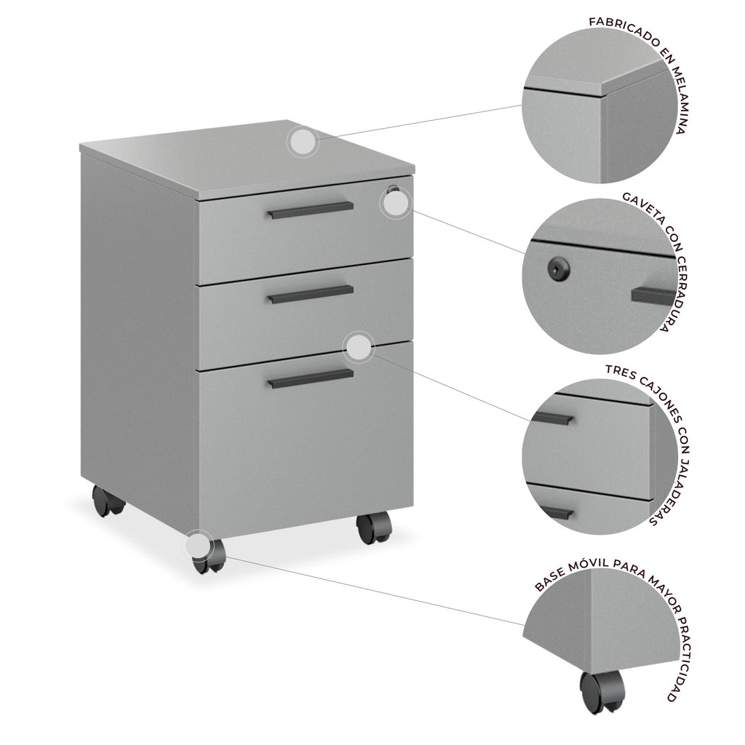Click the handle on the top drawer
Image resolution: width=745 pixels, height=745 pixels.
(x=310, y=210)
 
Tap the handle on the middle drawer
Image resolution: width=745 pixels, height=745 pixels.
(x=310, y=294)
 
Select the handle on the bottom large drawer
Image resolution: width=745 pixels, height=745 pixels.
(x=310, y=378)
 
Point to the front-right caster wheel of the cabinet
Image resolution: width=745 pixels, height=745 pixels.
(x=374, y=527)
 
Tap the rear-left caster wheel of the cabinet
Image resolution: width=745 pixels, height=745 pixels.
(x=108, y=501)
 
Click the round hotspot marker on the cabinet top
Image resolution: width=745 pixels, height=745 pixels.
(x=303, y=142)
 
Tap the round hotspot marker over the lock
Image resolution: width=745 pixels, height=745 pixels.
(x=395, y=204)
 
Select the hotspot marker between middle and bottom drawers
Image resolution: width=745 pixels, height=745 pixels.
(x=359, y=348)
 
